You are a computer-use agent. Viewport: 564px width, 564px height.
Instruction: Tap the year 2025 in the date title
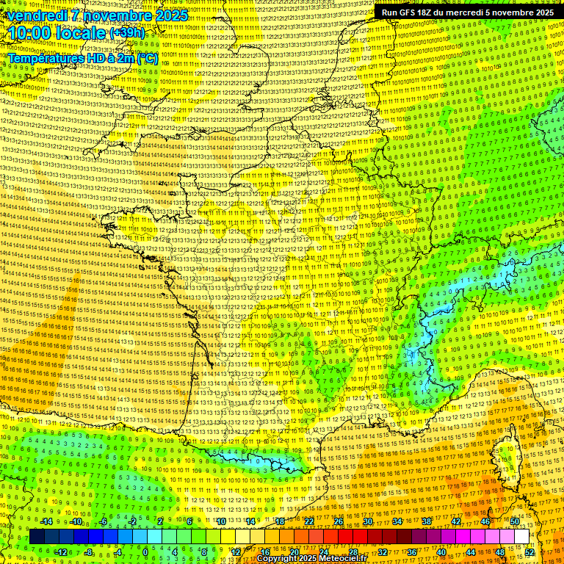tap(168, 15)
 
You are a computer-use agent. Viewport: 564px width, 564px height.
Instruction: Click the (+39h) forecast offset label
tap(127, 34)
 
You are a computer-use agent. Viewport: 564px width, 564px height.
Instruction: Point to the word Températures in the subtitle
tap(45, 57)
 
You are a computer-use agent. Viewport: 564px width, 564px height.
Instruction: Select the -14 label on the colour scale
tap(46, 521)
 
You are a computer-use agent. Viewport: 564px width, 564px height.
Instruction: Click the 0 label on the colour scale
tap(146, 552)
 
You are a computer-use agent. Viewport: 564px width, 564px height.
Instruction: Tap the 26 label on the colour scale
tap(338, 521)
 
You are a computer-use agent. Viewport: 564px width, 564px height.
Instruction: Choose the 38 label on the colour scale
tap(426, 521)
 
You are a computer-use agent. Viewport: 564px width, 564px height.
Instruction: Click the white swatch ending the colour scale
tap(521, 537)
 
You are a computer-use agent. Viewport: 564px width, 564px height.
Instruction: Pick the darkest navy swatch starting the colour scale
tap(37, 537)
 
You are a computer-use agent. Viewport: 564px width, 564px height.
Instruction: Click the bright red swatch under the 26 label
tap(339, 537)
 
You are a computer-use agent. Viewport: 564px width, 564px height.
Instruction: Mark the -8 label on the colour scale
tap(89, 552)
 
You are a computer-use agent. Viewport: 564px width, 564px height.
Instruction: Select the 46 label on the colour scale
tap(485, 521)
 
